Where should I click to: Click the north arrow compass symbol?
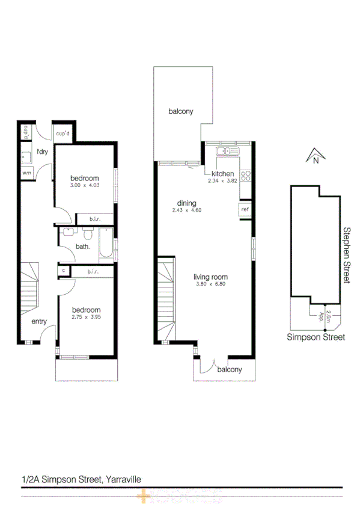point(314,157)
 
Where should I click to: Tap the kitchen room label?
point(223,174)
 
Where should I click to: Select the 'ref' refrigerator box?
point(244,209)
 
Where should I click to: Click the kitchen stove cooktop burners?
point(245,176)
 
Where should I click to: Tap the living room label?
point(210,277)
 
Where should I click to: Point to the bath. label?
point(83,246)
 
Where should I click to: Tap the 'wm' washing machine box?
point(26,173)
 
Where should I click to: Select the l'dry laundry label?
point(42,152)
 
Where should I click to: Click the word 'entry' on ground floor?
point(39,321)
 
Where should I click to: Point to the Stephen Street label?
point(346,255)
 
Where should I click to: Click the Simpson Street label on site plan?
point(316,337)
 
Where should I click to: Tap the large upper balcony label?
point(180,111)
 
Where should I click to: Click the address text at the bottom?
point(81,479)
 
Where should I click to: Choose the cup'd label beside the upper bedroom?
point(64,134)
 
